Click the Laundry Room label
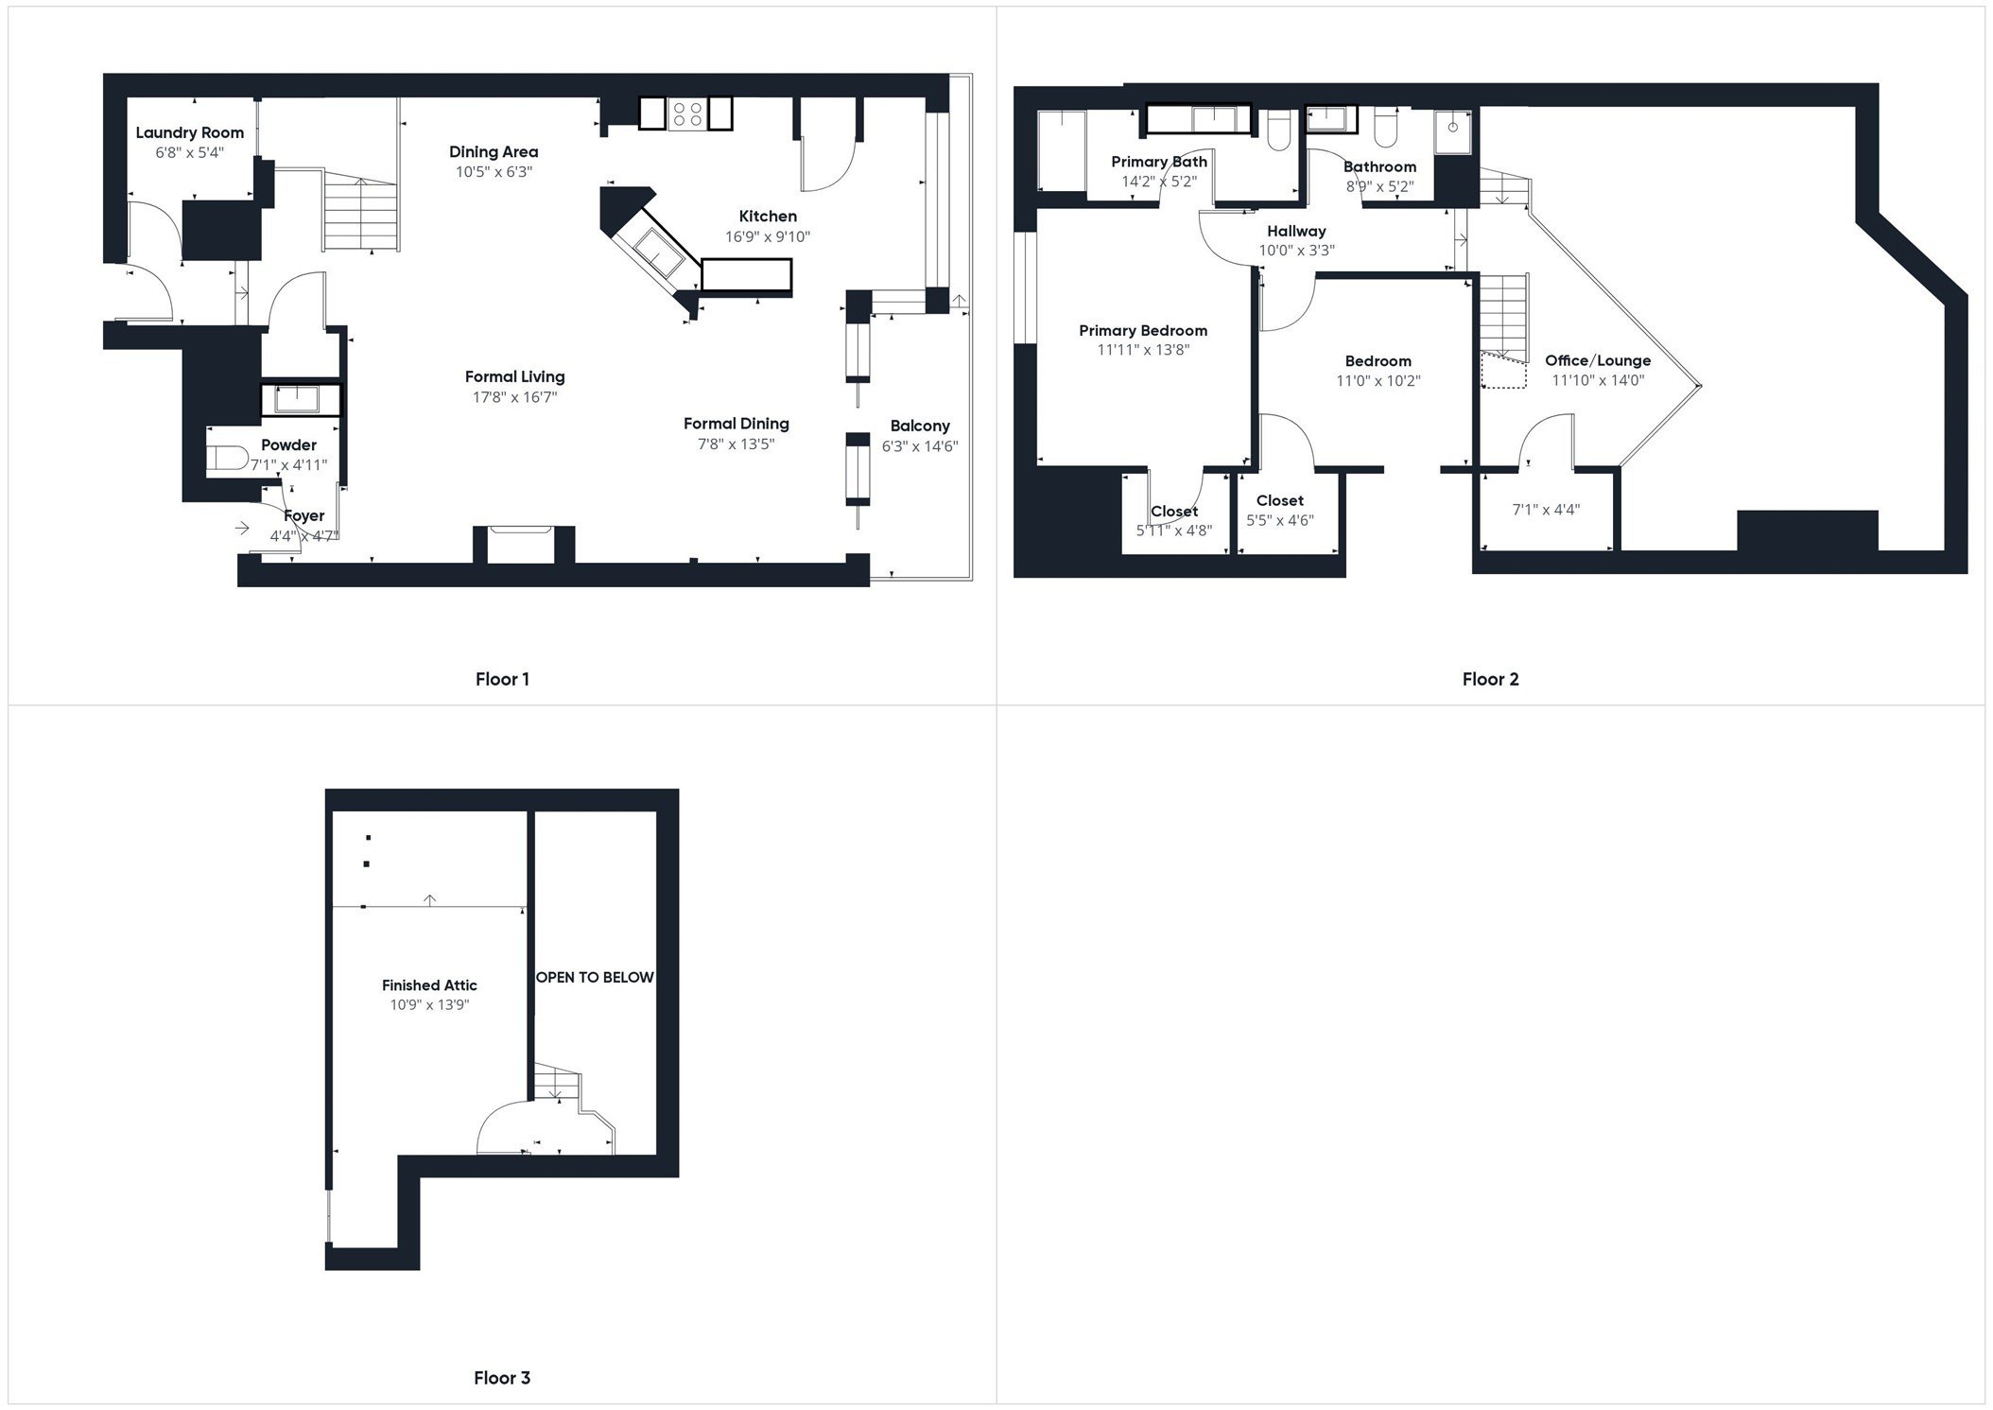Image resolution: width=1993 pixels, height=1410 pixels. (189, 133)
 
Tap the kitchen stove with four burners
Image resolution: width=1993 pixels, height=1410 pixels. (685, 114)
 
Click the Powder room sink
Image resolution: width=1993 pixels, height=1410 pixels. (300, 400)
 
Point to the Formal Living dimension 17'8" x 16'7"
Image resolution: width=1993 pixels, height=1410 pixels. (515, 397)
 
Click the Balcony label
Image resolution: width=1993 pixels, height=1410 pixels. (919, 426)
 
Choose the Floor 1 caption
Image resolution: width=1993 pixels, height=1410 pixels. (502, 679)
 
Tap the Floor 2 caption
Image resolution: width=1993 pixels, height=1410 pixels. (1490, 679)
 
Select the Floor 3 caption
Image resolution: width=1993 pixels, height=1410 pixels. (502, 1378)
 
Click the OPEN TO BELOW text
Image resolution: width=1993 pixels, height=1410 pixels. (595, 977)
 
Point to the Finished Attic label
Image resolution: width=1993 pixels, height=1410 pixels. (429, 985)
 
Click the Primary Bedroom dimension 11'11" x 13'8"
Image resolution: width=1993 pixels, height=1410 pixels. (1142, 350)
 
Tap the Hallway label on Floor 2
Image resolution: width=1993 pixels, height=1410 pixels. (1296, 231)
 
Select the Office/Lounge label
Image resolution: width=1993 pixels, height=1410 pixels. (1597, 360)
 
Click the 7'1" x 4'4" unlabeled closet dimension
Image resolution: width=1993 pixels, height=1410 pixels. (1546, 510)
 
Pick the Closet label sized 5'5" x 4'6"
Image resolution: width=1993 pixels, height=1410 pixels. (1279, 500)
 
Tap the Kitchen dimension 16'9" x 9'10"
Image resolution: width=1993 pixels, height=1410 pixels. (767, 237)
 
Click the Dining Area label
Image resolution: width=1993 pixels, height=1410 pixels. (494, 151)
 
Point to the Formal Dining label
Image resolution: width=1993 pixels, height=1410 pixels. (736, 424)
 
